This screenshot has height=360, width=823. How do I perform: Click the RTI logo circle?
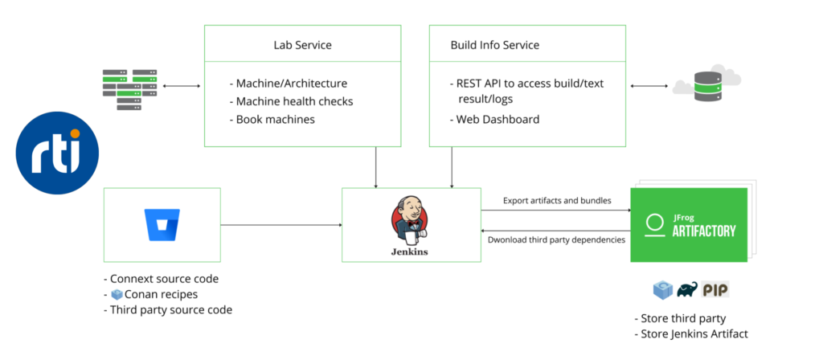click(57, 153)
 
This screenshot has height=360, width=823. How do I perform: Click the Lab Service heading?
click(302, 44)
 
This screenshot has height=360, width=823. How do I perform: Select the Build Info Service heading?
click(494, 44)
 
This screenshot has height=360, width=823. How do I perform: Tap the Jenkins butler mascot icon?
click(410, 221)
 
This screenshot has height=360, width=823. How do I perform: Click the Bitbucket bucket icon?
click(162, 224)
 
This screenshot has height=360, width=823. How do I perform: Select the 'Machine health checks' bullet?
click(294, 101)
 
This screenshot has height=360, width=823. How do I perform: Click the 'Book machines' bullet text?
click(275, 119)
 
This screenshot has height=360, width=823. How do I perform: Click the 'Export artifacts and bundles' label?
click(556, 200)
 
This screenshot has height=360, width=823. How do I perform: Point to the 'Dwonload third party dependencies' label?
click(556, 239)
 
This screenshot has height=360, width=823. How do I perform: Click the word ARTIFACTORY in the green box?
click(703, 231)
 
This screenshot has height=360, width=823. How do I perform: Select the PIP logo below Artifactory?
click(715, 289)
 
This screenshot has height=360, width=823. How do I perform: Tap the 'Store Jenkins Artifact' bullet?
click(698, 334)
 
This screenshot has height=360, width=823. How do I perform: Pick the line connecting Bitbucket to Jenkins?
click(281, 224)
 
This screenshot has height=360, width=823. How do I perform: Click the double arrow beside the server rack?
click(181, 84)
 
